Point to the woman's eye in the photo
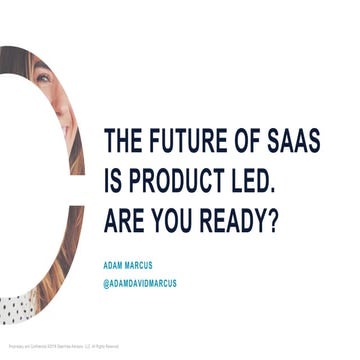tap(45, 78)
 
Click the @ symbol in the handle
tap(107, 284)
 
